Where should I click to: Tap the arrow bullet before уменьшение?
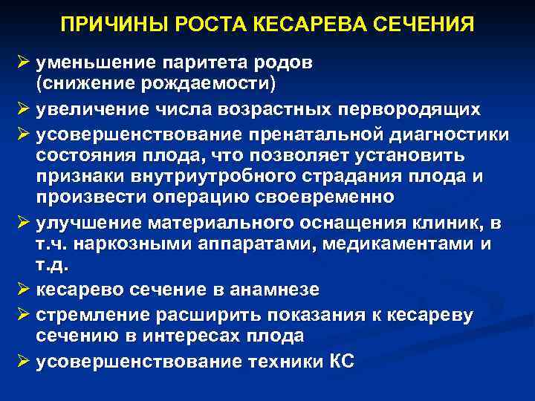click(x=22, y=63)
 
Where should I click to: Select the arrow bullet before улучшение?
click(x=22, y=224)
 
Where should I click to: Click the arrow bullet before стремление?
click(x=22, y=314)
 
